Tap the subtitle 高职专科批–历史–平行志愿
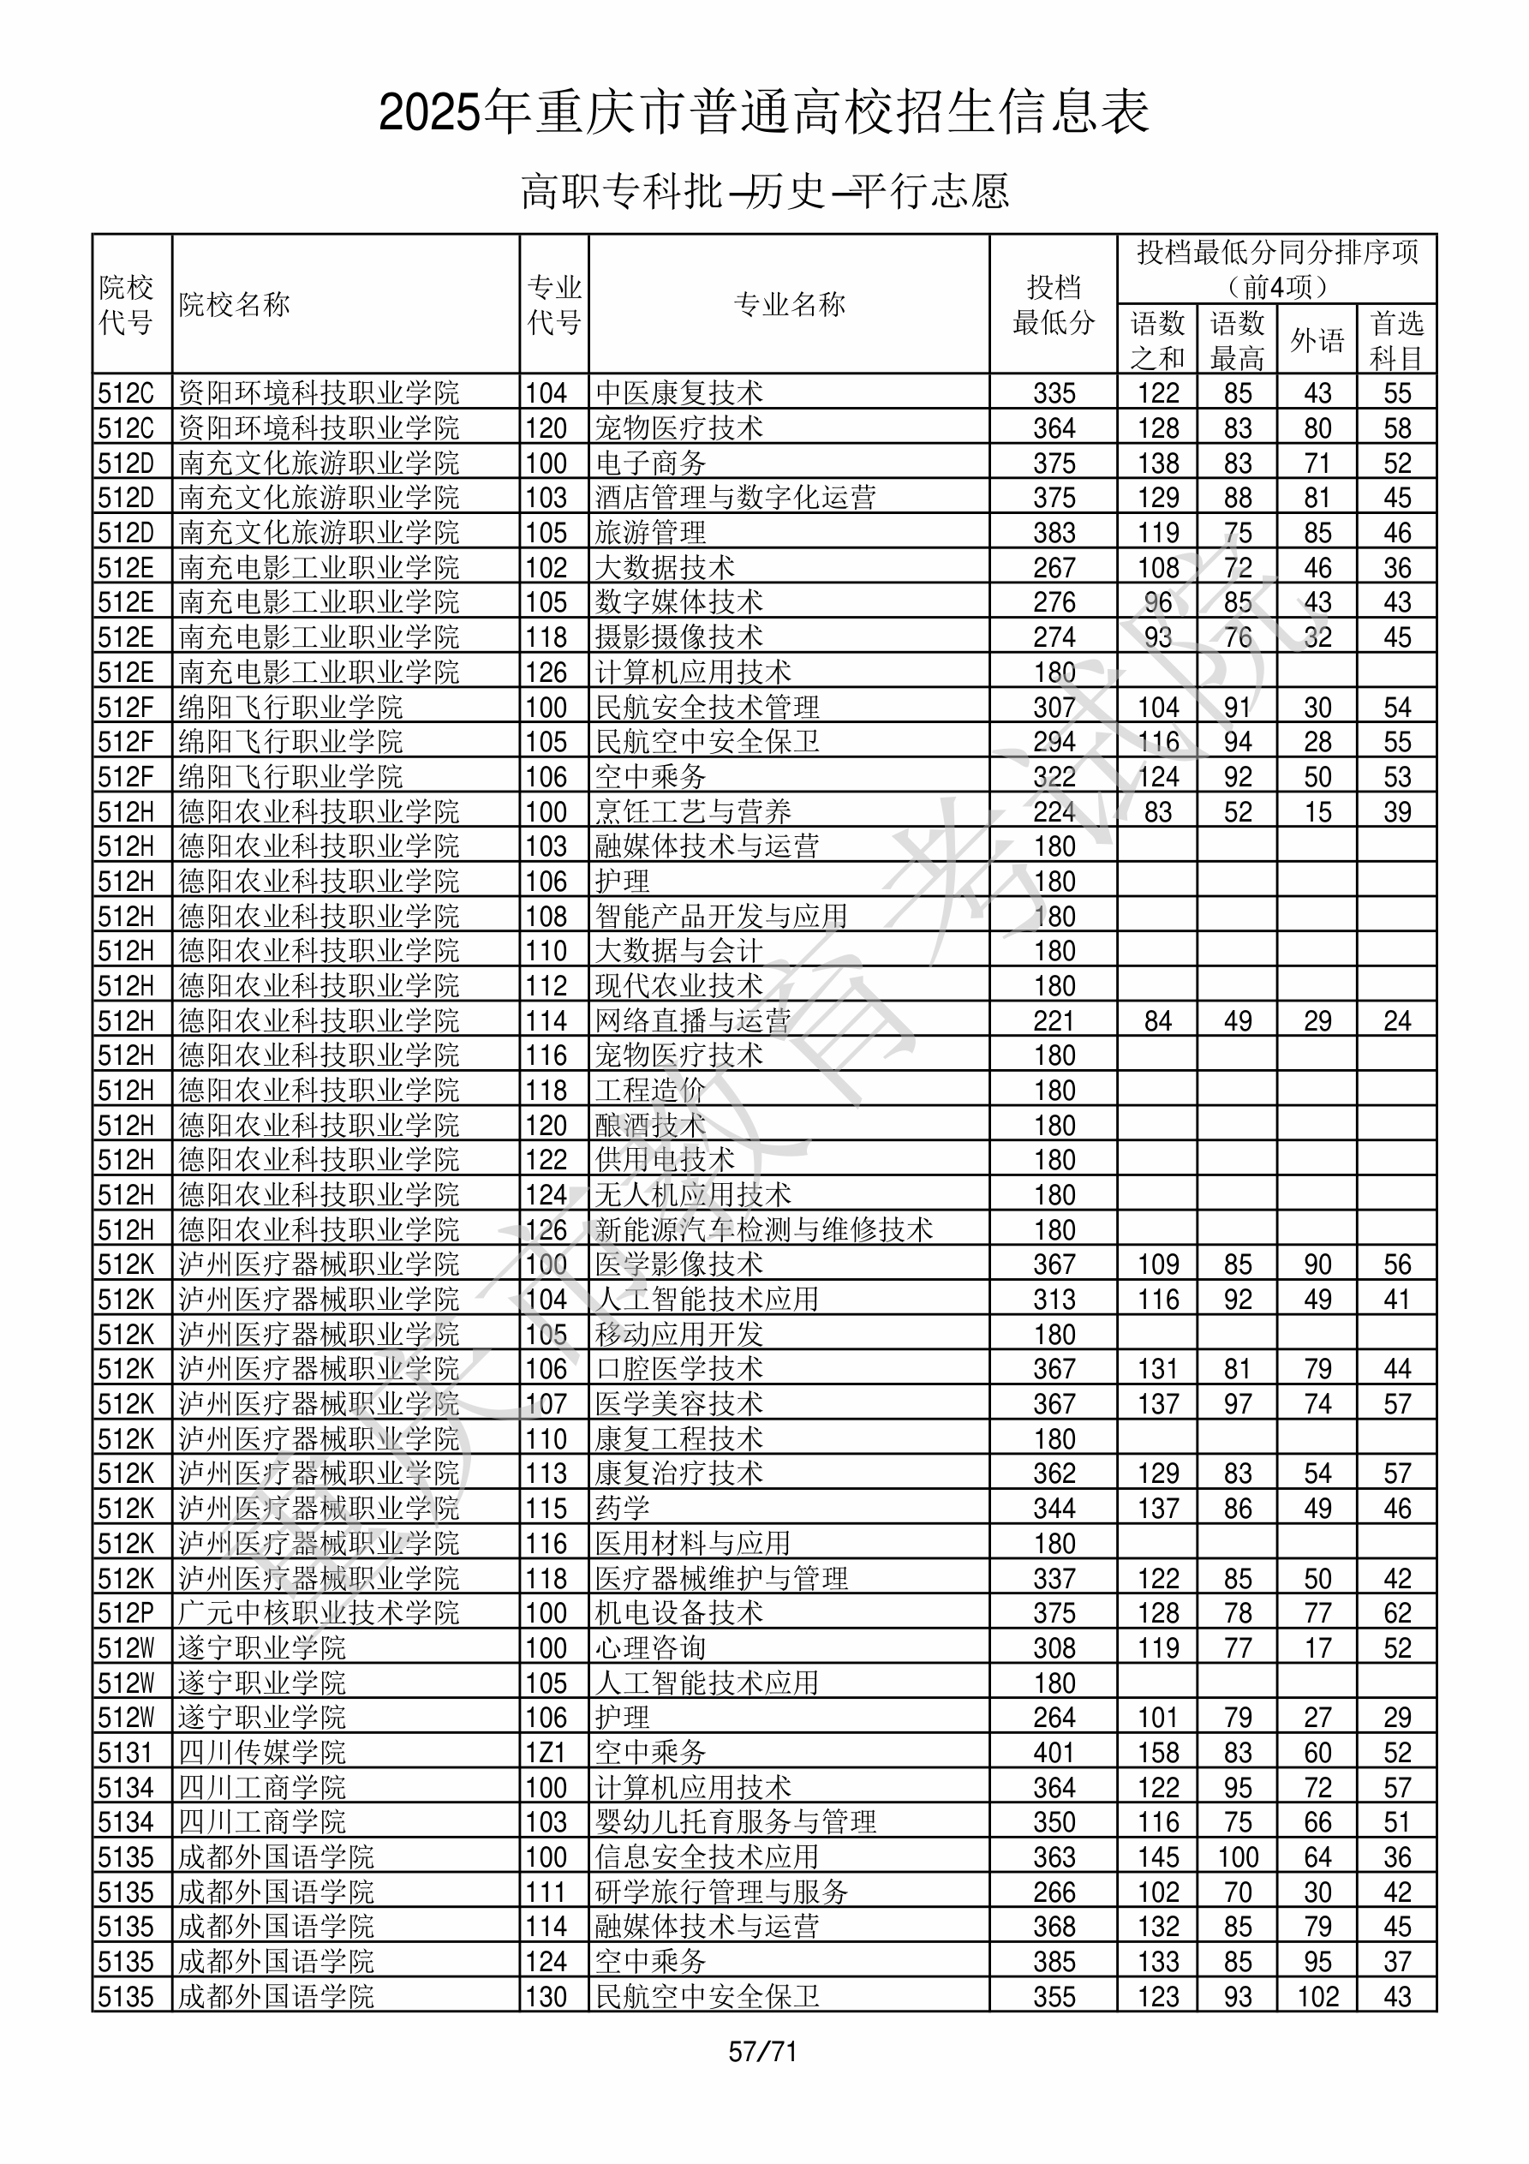(764, 191)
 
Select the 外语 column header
(1317, 340)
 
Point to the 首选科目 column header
(1396, 340)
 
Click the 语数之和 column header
(1157, 340)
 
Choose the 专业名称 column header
(789, 304)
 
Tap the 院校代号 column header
(126, 304)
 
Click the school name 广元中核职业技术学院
(319, 1612)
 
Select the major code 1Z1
(546, 1752)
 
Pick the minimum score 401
(1054, 1752)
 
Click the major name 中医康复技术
(678, 393)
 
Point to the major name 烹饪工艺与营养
(693, 811)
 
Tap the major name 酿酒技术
(650, 1126)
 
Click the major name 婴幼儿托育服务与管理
(735, 1822)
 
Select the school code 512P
(126, 1612)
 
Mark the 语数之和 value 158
(1157, 1752)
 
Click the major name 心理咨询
(650, 1647)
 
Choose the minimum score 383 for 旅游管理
(1054, 533)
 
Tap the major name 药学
(622, 1508)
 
